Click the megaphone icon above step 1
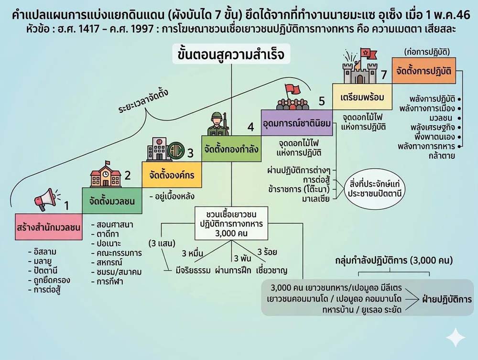pyautogui.click(x=44, y=199)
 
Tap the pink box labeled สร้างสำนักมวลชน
pyautogui.click(x=48, y=225)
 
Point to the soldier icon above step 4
pyautogui.click(x=217, y=123)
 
